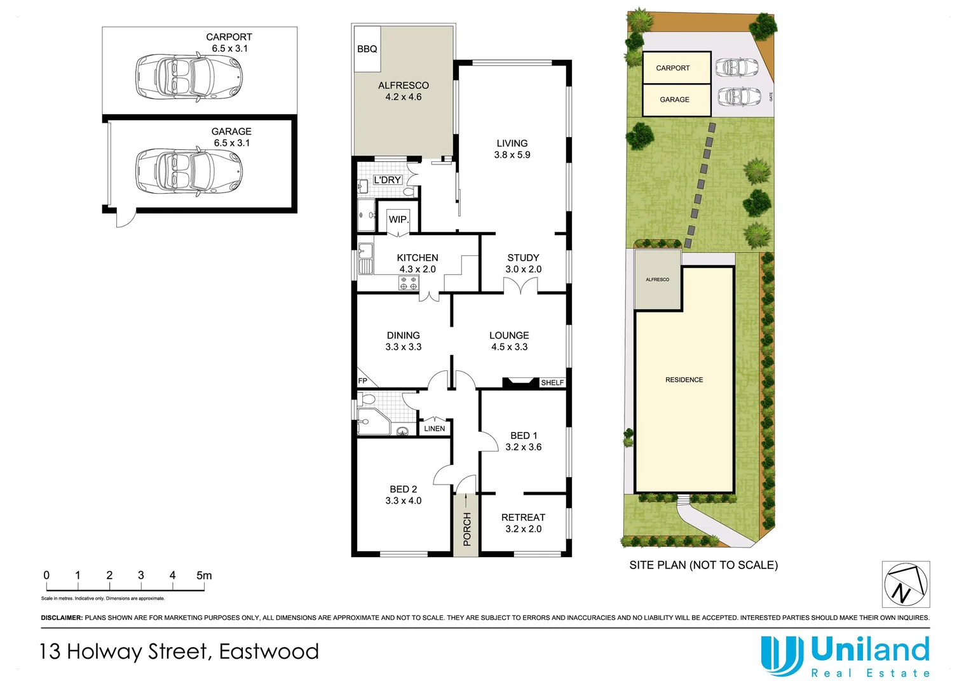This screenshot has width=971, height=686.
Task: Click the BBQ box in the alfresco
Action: tap(367, 49)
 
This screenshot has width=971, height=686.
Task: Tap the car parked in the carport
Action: tap(189, 77)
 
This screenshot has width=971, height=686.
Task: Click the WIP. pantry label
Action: tap(398, 219)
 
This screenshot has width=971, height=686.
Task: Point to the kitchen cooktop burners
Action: tap(409, 283)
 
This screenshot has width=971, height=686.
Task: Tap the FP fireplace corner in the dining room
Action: tap(363, 380)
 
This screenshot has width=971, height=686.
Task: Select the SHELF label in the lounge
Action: tap(552, 382)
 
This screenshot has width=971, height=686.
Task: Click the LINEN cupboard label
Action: tap(435, 429)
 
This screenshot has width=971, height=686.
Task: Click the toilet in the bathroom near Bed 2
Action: tap(367, 400)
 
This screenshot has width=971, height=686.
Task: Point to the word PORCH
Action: tap(467, 529)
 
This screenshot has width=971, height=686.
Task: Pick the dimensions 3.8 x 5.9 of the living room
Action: tap(512, 155)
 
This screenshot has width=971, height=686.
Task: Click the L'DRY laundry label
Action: tap(387, 180)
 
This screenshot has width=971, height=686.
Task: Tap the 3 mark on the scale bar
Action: tap(141, 575)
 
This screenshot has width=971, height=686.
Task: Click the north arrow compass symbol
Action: tap(905, 584)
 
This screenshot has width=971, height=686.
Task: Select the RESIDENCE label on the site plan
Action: tap(684, 380)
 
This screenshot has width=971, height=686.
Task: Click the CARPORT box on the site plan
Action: tap(676, 68)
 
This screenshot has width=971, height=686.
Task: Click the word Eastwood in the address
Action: tap(269, 652)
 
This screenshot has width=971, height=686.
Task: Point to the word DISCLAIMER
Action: tap(62, 617)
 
